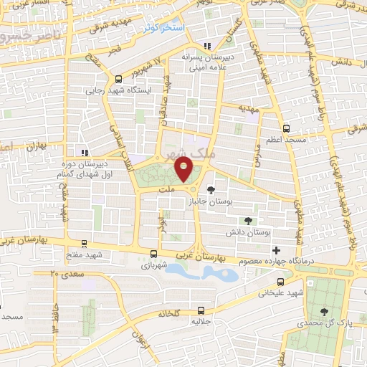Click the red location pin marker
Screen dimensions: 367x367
tap(184, 170)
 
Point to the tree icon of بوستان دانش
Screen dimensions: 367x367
tap(248, 221)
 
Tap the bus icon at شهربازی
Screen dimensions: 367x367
tap(153, 253)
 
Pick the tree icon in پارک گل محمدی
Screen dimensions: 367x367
tap(325, 312)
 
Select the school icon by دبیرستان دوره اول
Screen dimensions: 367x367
tap(85, 153)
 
